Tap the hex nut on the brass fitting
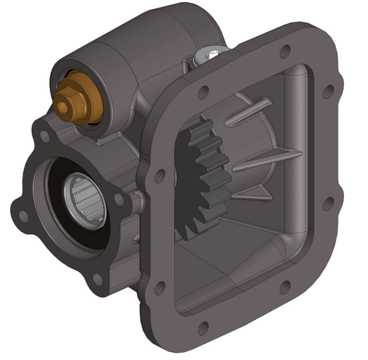pyautogui.click(x=69, y=103)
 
